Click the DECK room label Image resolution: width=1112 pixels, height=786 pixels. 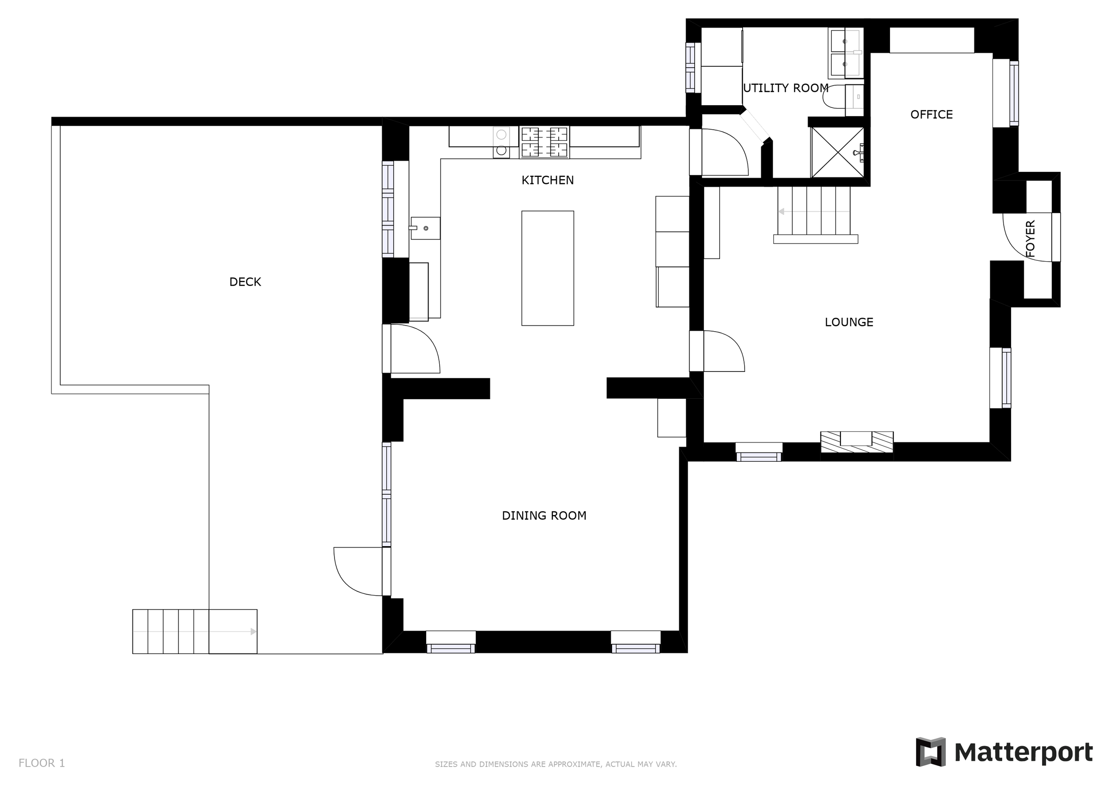pyautogui.click(x=245, y=282)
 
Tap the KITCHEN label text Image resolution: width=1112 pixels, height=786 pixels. pyautogui.click(x=547, y=180)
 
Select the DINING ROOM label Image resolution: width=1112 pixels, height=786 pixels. pyautogui.click(x=544, y=516)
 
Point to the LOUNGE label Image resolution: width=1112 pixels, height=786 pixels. pyautogui.click(x=849, y=322)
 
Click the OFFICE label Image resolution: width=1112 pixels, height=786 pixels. pyautogui.click(x=931, y=115)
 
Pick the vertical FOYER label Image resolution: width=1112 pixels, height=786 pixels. pyautogui.click(x=1030, y=238)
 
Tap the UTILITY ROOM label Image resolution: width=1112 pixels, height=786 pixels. pyautogui.click(x=785, y=88)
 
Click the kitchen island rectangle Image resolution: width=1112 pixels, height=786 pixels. pyautogui.click(x=547, y=268)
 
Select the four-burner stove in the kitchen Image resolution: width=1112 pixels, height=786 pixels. pyautogui.click(x=544, y=142)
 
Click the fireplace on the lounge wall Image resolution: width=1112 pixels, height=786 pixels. pyautogui.click(x=856, y=442)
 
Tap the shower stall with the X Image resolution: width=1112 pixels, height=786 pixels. pyautogui.click(x=837, y=152)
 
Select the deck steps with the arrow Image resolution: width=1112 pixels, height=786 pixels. pyautogui.click(x=194, y=631)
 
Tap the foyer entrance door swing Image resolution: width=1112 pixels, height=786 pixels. pyautogui.click(x=1026, y=238)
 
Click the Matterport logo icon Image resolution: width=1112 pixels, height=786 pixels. pyautogui.click(x=930, y=752)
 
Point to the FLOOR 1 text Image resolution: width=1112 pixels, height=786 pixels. pyautogui.click(x=42, y=763)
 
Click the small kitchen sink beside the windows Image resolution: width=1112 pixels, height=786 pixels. pyautogui.click(x=425, y=228)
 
